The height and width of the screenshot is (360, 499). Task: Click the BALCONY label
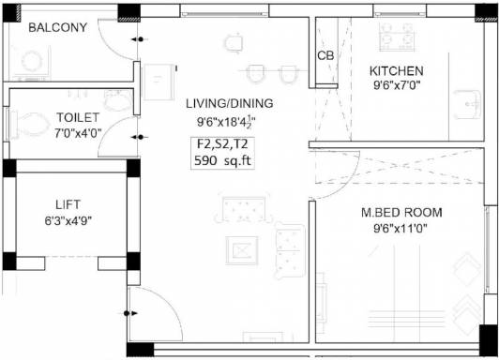pos(57,27)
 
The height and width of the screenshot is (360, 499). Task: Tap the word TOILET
pos(78,117)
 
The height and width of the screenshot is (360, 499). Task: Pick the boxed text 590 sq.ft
pos(223,159)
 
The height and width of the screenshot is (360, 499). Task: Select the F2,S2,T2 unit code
pos(223,143)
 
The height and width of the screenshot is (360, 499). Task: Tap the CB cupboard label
pos(325,55)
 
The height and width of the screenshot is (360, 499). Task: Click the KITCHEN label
pos(396,70)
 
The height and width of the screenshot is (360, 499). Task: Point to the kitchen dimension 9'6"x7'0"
pos(397,86)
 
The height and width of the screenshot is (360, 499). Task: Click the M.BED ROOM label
pos(401,212)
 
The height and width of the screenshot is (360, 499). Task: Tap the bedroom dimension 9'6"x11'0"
pos(401,228)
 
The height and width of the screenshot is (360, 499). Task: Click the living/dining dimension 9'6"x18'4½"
pos(226,121)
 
